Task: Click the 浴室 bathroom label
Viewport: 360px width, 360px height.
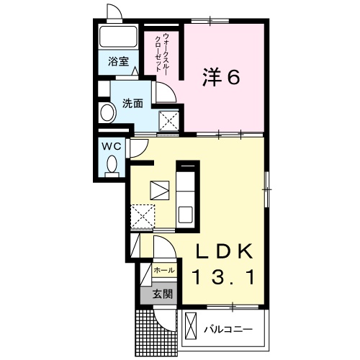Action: coord(118,62)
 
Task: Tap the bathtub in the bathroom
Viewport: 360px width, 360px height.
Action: coord(118,37)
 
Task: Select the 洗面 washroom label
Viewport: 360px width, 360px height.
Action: coord(132,103)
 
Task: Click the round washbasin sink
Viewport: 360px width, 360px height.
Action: coord(107,112)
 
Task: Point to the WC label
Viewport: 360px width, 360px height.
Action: coord(112,146)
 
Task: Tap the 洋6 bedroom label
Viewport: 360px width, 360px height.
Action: coord(221,77)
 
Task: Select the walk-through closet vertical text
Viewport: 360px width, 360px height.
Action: coord(162,53)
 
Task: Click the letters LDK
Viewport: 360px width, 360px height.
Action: coord(225,251)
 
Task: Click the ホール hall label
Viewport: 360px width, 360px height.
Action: coord(164,270)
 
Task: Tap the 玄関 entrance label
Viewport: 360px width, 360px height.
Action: coord(163,294)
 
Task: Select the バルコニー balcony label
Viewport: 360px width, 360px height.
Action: coord(228,330)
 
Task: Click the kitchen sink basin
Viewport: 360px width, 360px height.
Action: coord(186,215)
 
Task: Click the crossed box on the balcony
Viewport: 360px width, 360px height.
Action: coord(191,326)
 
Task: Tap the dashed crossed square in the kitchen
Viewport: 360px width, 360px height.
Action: coord(143,217)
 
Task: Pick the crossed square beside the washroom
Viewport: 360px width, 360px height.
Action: coord(169,121)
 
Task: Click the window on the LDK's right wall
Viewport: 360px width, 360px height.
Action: coord(266,189)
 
